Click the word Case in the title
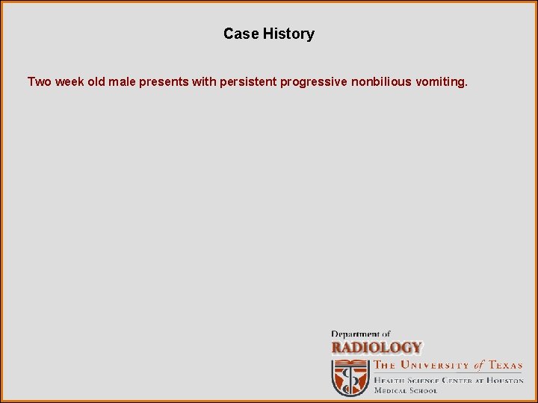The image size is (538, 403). click(x=241, y=34)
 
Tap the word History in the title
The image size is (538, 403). click(x=288, y=34)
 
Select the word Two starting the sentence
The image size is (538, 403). click(x=39, y=81)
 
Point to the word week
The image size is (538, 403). click(x=69, y=81)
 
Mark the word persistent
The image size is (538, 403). click(x=248, y=81)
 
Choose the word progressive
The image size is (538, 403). click(x=313, y=81)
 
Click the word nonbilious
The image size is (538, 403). click(x=379, y=81)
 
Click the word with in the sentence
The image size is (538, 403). click(x=203, y=81)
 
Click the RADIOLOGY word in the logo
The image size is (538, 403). click(x=377, y=348)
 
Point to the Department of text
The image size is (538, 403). click(x=361, y=334)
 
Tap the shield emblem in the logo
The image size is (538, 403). click(x=350, y=378)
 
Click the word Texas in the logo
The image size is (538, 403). click(x=506, y=366)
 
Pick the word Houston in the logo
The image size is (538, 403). click(x=504, y=380)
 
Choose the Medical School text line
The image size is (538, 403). click(x=406, y=390)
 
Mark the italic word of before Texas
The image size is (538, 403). click(x=479, y=366)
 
